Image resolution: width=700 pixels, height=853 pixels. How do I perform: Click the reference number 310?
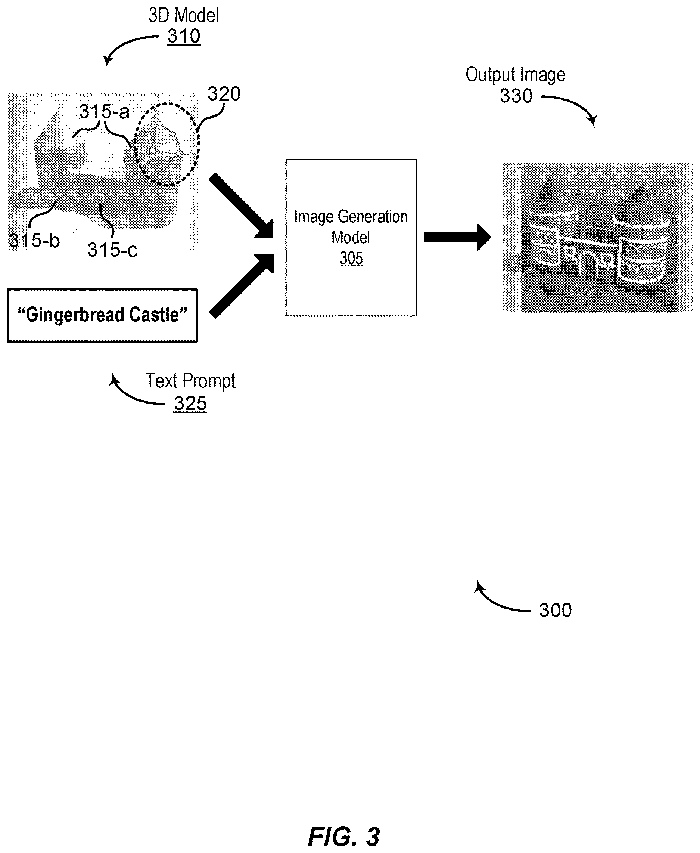(184, 37)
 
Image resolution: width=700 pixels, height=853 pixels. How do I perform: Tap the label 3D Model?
(184, 15)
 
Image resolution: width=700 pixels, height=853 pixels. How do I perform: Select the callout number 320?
(224, 94)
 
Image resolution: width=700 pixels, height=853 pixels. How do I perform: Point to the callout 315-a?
(104, 111)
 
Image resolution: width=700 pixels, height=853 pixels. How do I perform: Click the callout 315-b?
(34, 241)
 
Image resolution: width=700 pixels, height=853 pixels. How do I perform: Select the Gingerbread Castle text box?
(102, 316)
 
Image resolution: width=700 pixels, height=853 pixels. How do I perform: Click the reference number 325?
(190, 404)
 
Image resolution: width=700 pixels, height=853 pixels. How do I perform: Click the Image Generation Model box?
(351, 238)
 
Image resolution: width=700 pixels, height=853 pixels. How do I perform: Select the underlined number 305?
(351, 258)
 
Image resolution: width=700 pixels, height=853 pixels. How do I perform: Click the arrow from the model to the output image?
(458, 237)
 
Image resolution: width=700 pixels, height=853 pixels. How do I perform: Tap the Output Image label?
(516, 75)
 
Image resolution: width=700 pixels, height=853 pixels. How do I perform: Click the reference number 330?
(516, 96)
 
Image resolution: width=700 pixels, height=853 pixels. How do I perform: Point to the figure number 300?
(556, 611)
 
